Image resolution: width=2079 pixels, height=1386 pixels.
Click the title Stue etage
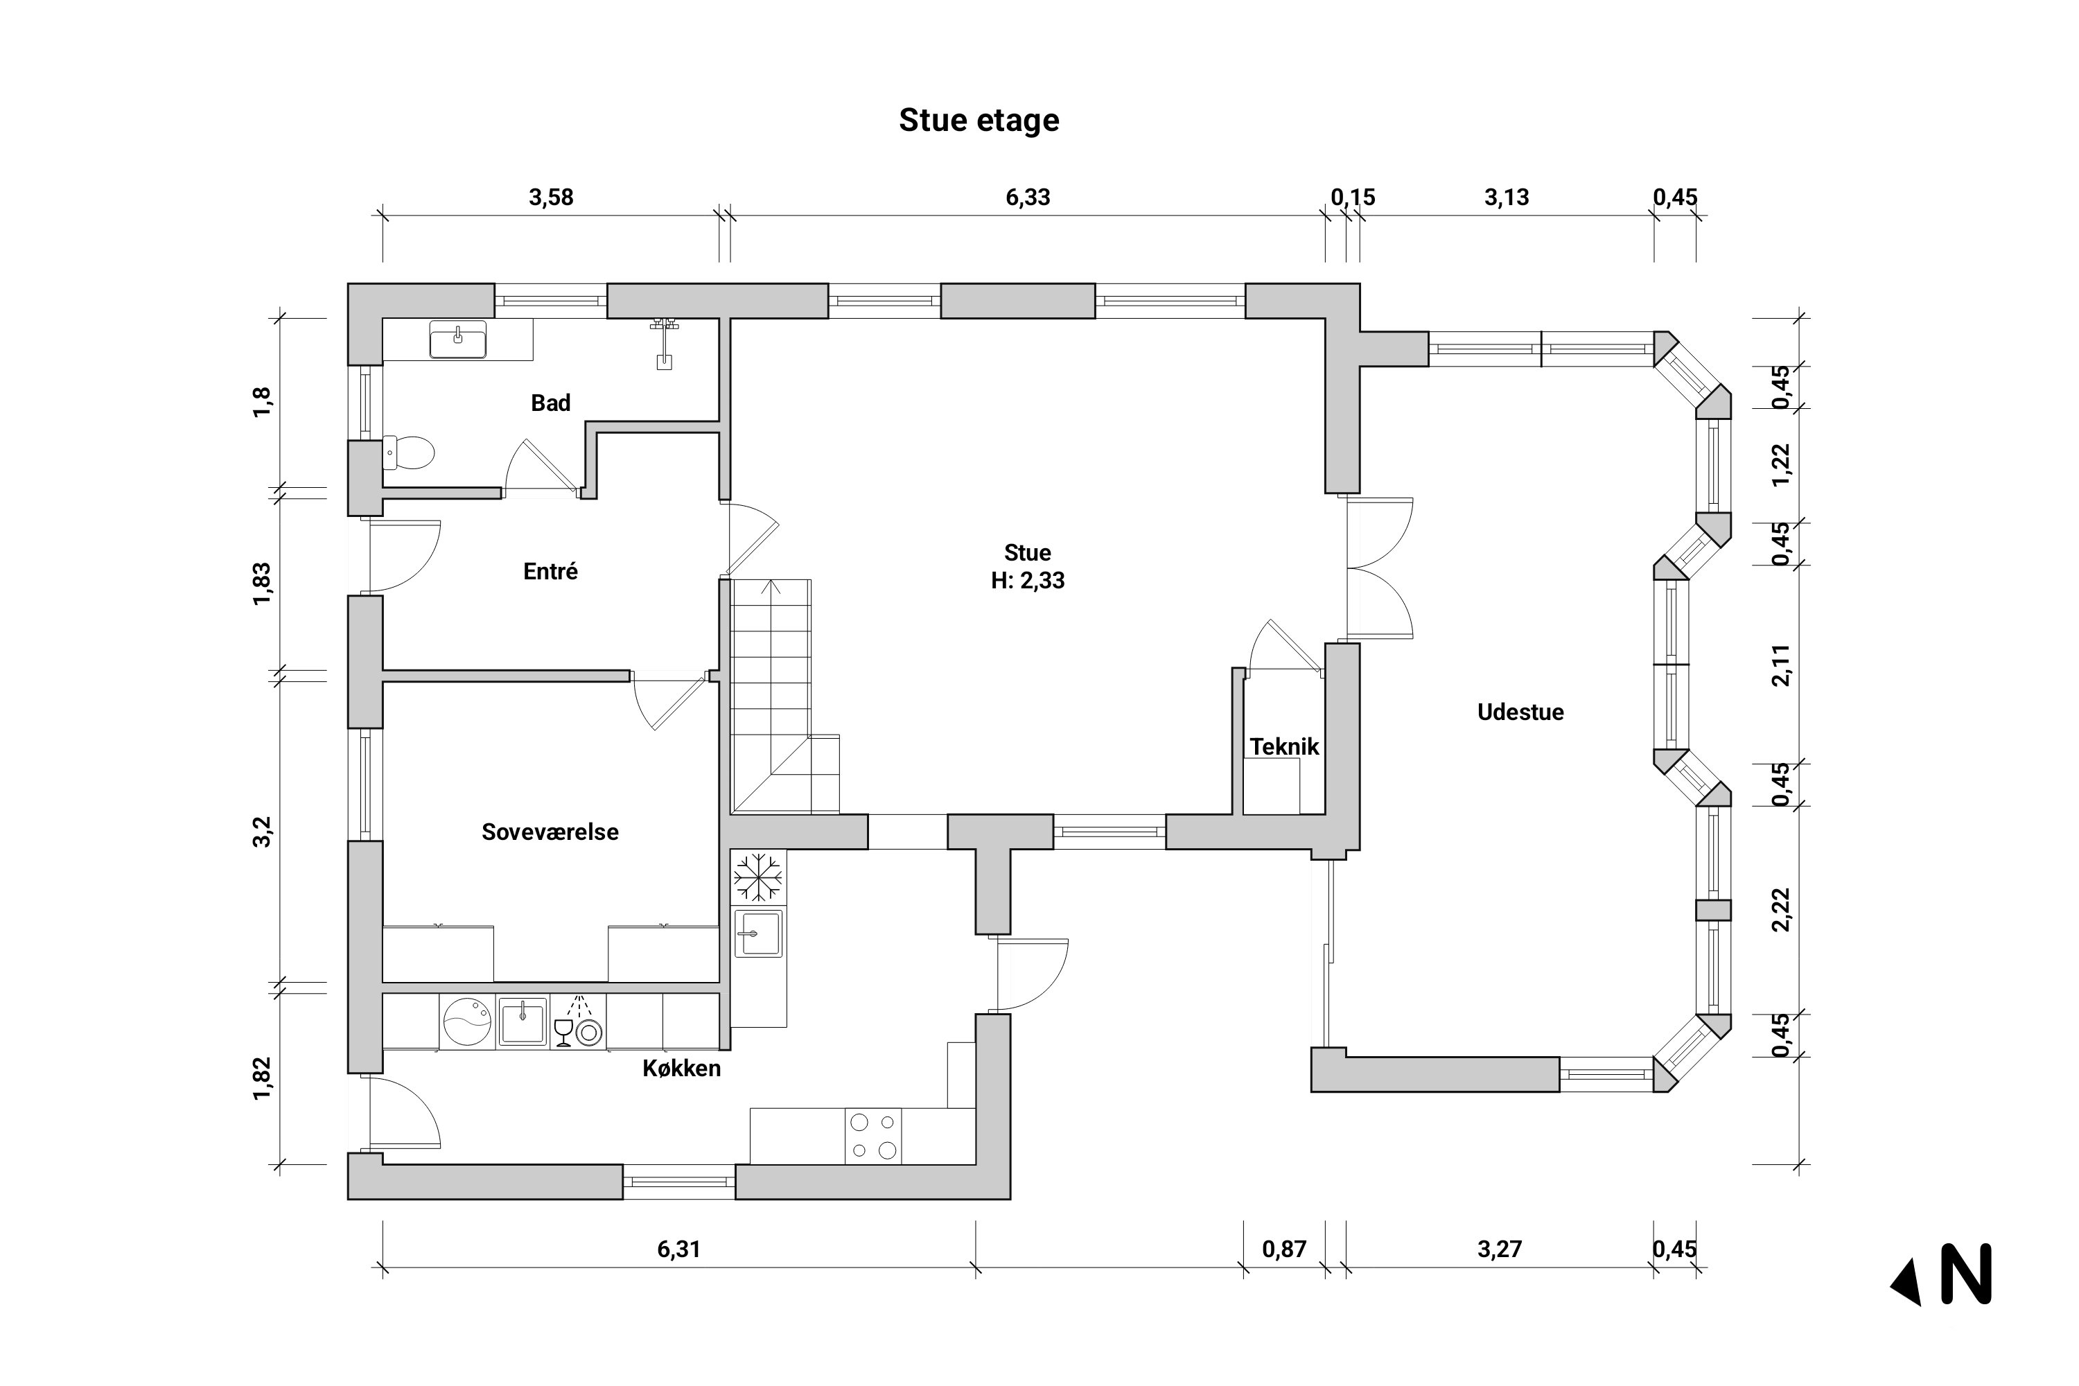(x=979, y=120)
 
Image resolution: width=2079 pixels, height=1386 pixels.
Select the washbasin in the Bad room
(x=458, y=340)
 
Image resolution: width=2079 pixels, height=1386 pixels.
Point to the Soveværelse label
(x=550, y=832)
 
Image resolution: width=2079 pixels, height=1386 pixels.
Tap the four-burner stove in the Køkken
(x=873, y=1137)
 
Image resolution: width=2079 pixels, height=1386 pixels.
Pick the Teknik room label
(x=1284, y=747)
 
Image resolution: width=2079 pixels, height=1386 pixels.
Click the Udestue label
(x=1520, y=712)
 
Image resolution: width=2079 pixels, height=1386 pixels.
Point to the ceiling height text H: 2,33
(x=1027, y=581)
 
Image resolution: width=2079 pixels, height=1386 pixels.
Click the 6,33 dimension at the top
(x=1027, y=197)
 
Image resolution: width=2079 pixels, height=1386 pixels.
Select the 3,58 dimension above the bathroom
(x=551, y=197)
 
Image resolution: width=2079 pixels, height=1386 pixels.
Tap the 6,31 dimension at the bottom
(x=679, y=1249)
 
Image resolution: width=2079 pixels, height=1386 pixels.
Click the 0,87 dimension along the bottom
(x=1283, y=1249)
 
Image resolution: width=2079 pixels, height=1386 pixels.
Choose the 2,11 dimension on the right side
(x=1781, y=665)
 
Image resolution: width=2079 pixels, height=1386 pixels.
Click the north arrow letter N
(x=1966, y=1274)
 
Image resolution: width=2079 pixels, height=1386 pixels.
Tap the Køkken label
(x=681, y=1069)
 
